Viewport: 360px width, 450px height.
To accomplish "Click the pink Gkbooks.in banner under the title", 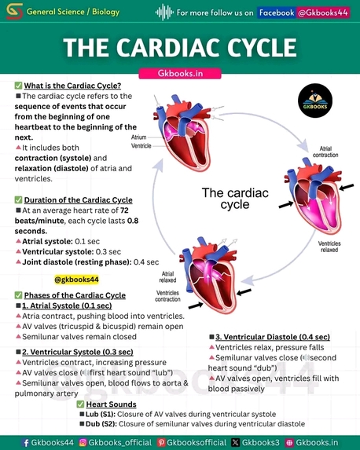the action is (180, 74).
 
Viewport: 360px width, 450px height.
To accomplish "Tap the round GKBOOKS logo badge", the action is (315, 101).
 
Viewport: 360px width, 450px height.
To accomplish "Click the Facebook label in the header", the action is (277, 13).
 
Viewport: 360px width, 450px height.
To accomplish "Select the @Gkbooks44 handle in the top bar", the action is (323, 13).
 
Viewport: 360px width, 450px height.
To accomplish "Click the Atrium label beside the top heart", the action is (139, 137).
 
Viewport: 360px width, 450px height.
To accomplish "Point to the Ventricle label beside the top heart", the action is (141, 146).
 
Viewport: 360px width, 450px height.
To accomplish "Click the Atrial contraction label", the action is (325, 152).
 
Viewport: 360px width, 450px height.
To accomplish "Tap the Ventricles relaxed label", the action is (329, 247).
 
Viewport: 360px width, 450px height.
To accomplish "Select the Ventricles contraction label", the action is (167, 296).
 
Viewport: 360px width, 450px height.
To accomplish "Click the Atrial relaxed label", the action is (167, 277).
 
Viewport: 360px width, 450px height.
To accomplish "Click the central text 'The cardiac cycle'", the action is (235, 199).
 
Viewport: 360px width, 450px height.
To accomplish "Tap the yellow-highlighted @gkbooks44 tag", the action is (76, 280).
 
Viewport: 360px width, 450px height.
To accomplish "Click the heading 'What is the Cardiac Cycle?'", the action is (72, 86).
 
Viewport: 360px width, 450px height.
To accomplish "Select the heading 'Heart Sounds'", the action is (111, 404).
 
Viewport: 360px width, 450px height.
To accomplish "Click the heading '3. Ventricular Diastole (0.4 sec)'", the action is (273, 337).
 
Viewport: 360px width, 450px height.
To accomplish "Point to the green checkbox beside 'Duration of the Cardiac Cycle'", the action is (18, 199).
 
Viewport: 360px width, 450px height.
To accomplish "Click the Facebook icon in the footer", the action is (26, 442).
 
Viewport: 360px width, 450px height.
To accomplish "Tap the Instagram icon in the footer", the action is (83, 442).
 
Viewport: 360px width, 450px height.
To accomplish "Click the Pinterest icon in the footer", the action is (161, 442).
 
